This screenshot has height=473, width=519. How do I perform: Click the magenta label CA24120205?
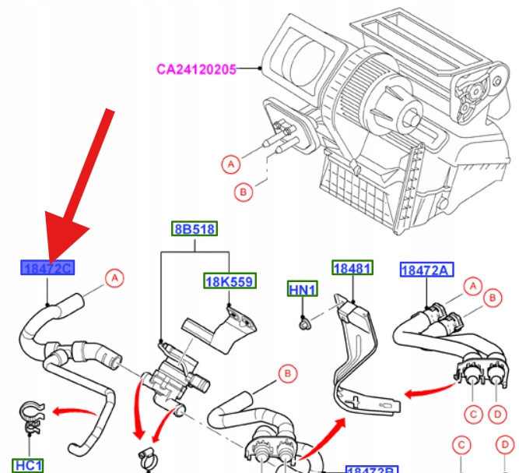[195, 69]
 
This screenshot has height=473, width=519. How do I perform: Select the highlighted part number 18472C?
[47, 269]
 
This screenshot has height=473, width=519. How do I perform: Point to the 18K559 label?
[229, 281]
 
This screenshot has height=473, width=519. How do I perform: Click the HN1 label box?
[303, 290]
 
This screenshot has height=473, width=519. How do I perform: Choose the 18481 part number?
[353, 268]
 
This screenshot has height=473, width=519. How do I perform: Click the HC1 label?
[29, 465]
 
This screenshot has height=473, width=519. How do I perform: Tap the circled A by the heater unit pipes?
[230, 164]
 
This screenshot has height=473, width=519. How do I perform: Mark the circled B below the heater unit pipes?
[243, 191]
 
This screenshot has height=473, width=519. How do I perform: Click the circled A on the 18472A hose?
[472, 286]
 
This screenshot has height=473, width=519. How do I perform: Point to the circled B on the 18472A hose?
[491, 297]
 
